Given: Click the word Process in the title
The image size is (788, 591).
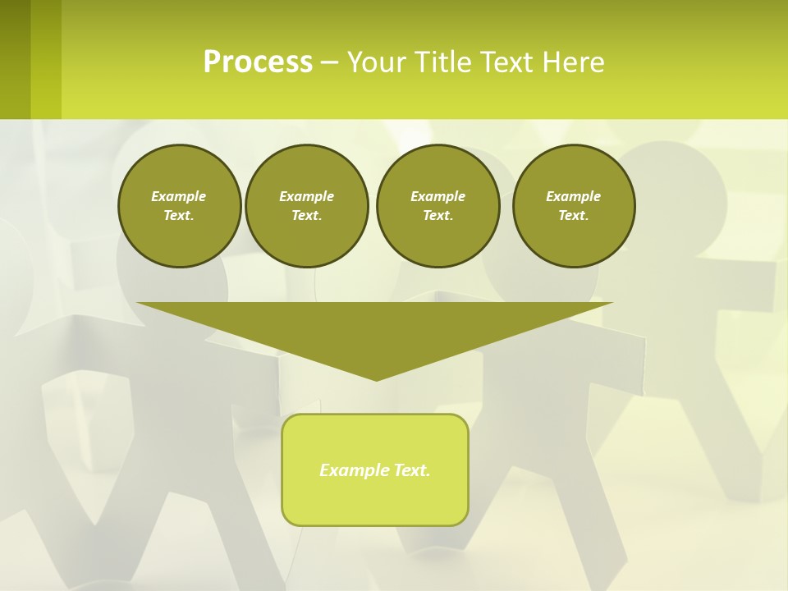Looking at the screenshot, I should (258, 62).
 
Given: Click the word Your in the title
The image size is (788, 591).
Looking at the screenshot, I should (378, 62).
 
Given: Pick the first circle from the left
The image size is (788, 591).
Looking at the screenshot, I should (179, 206).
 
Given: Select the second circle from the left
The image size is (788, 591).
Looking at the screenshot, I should (306, 206).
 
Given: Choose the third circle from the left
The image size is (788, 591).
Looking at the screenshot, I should (438, 206).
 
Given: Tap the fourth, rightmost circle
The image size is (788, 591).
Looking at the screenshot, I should (573, 206).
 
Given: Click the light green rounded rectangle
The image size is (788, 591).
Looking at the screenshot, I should (375, 501).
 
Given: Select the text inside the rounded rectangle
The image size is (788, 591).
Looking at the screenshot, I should (375, 470).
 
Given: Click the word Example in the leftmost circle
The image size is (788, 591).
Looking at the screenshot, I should (179, 196).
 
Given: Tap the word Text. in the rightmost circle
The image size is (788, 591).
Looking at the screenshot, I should (573, 216).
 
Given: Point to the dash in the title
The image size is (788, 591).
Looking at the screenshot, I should (329, 62).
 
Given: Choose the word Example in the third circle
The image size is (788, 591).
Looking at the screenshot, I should (438, 196).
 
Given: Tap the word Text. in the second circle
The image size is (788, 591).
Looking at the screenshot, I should (306, 216).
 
